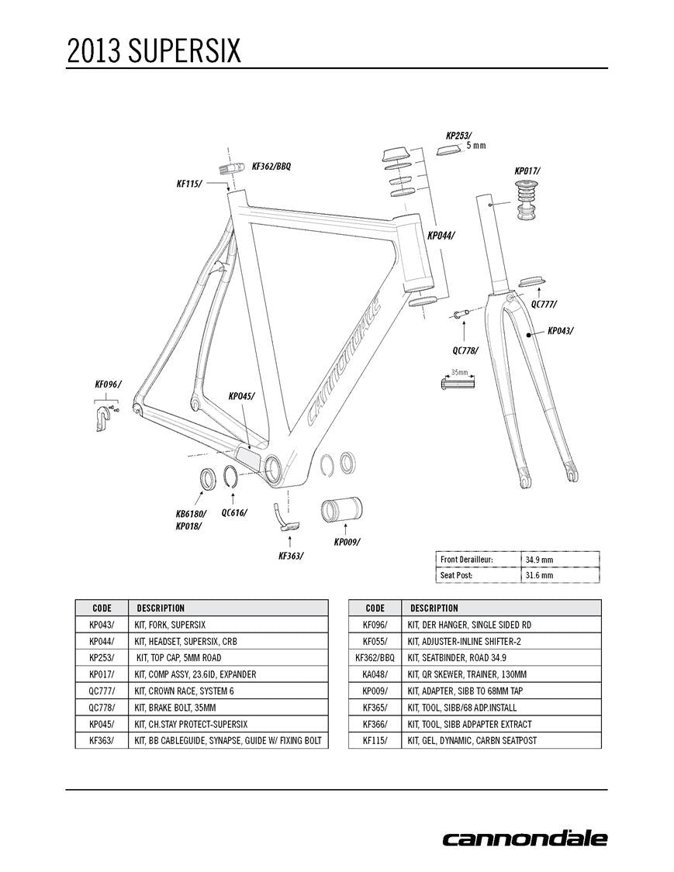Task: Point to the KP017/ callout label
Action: pos(527,171)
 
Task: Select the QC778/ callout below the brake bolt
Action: pos(465,350)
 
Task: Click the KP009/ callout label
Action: pos(347,542)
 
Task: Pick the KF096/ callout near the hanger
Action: pos(108,384)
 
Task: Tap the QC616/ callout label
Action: pos(234,512)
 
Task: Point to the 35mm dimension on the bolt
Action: pos(460,373)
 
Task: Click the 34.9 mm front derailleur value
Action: pos(539,560)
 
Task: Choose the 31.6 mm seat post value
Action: pos(539,575)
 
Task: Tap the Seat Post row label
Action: pos(457,575)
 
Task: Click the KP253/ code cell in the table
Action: pos(102,657)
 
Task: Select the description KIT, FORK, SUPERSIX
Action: pos(170,624)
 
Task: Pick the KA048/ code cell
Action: pos(375,674)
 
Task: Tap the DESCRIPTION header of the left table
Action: pos(161,608)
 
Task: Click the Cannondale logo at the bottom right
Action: pos(525,838)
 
